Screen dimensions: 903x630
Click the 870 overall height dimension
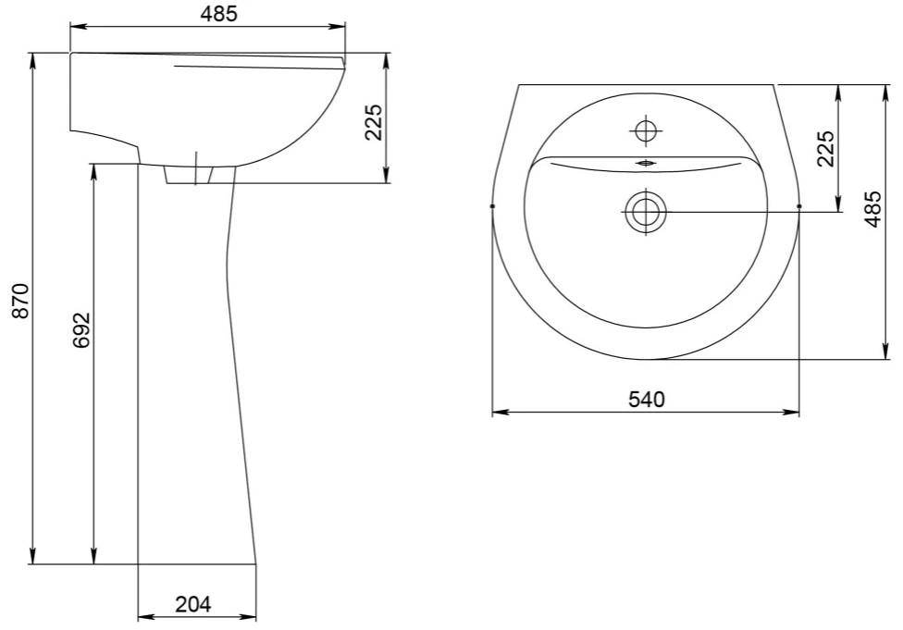(20, 302)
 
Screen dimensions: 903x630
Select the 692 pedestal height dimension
(81, 330)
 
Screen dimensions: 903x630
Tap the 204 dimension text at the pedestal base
(193, 604)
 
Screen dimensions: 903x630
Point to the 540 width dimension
(646, 399)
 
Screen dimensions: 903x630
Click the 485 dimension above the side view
(219, 14)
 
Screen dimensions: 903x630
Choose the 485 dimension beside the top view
(873, 208)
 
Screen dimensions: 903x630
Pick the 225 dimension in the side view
(374, 122)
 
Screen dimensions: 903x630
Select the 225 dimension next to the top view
(826, 149)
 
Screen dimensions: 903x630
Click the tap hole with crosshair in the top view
(646, 131)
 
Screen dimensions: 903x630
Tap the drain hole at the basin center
(646, 212)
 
